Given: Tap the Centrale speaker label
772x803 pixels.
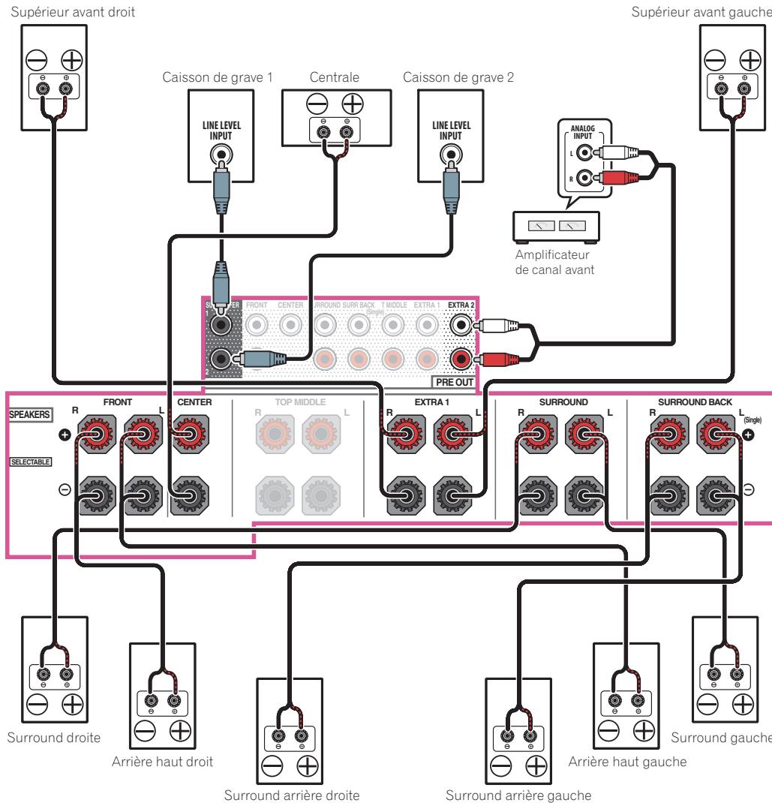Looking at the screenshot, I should [335, 77].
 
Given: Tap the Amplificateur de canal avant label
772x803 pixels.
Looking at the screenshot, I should [546, 261].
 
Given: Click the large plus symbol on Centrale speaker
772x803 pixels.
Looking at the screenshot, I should [350, 105].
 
